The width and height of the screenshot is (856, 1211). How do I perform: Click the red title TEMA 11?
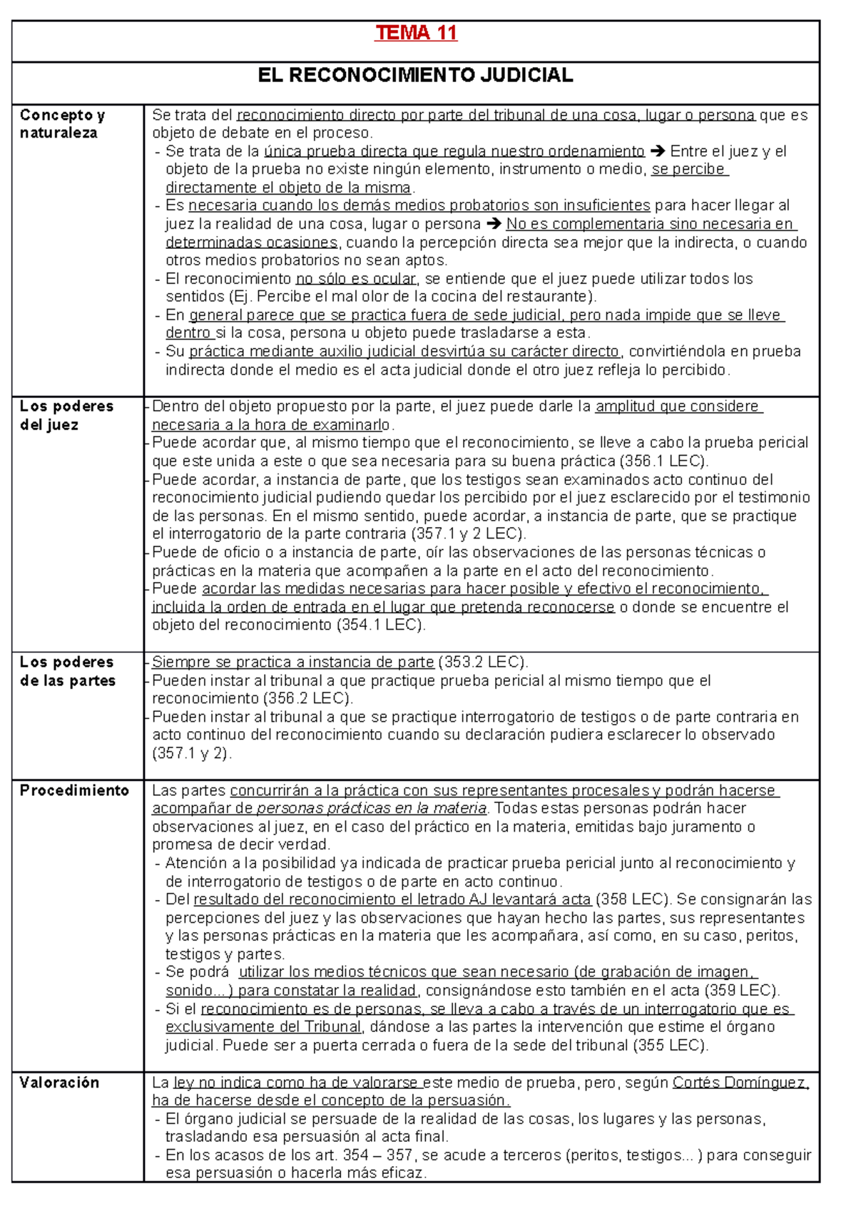[416, 33]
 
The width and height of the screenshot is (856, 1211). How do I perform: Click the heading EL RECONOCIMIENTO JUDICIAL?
[415, 75]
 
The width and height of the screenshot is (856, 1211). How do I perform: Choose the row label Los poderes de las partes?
[67, 671]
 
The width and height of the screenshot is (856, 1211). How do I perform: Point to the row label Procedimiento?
[74, 790]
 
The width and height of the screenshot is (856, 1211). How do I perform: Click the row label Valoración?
[59, 1083]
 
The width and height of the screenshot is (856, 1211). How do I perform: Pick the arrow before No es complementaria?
[494, 224]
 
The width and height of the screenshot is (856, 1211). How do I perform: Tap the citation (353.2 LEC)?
[483, 662]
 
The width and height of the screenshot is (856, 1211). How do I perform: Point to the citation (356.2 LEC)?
[307, 698]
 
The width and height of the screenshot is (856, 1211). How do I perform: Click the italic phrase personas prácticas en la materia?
[371, 809]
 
